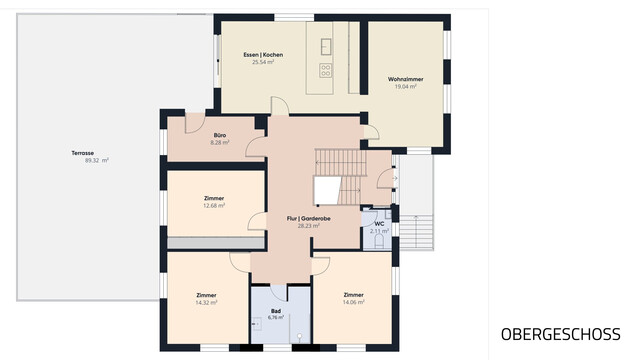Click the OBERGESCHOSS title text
tap(560, 334)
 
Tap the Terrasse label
tap(82, 153)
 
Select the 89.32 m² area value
tap(97, 160)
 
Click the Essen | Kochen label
tap(263, 55)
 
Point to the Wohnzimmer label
tap(405, 79)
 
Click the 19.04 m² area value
tap(405, 87)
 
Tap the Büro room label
tap(220, 135)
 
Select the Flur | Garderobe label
tap(309, 218)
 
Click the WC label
tap(379, 224)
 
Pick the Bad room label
tap(276, 311)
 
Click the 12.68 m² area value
tap(214, 206)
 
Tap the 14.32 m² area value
tap(206, 302)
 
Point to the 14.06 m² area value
tap(353, 302)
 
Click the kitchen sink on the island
tap(326, 47)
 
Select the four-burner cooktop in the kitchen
tap(325, 70)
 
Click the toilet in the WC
tap(378, 243)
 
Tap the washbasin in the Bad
tap(256, 324)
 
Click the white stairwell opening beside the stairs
tap(327, 190)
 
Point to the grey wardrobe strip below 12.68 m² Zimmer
tap(216, 243)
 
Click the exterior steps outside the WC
tap(416, 231)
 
